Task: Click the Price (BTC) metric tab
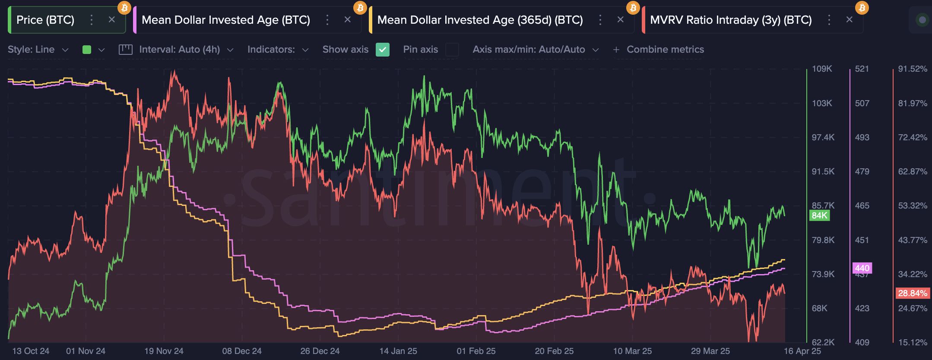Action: [x=45, y=20]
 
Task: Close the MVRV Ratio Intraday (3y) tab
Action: [x=849, y=20]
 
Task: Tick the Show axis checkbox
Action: [x=382, y=50]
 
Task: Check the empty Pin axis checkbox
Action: [x=452, y=50]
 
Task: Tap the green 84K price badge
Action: [x=819, y=215]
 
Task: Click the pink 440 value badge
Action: [x=862, y=268]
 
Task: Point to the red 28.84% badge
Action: [x=913, y=294]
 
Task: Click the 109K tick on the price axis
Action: [x=821, y=69]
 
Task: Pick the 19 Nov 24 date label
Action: [x=164, y=351]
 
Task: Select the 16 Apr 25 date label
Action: [x=802, y=351]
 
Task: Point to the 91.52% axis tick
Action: [x=912, y=69]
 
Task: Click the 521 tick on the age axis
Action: [x=862, y=69]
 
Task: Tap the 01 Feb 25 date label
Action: [x=476, y=351]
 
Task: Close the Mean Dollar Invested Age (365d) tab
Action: [x=620, y=20]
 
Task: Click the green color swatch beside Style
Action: [x=87, y=50]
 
